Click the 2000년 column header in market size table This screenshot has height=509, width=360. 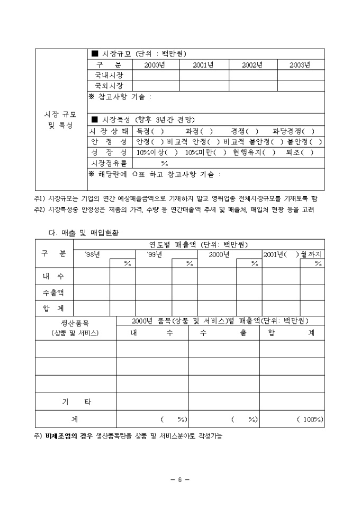coord(155,65)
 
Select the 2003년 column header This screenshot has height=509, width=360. coord(300,65)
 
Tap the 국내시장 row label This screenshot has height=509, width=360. coord(110,75)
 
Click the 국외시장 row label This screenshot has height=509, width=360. coord(110,86)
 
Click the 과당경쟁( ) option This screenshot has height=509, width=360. coord(293,131)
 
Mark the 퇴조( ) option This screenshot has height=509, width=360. coord(300,152)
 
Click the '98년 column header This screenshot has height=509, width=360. coord(93,254)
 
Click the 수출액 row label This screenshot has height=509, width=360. coord(54,292)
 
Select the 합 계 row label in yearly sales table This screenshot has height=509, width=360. coord(54,307)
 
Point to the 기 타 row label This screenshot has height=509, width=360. coord(76,402)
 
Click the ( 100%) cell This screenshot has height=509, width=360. coord(310,420)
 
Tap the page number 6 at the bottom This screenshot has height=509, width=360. coord(179,480)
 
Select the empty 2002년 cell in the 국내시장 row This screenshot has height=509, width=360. coord(253,75)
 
